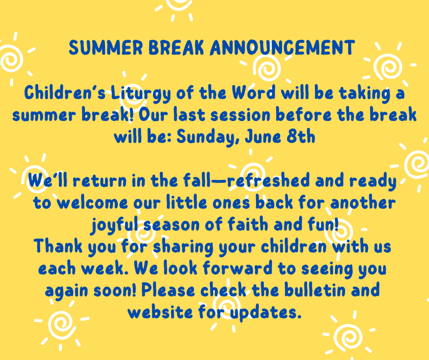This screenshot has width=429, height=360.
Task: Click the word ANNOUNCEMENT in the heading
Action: pyautogui.click(x=283, y=48)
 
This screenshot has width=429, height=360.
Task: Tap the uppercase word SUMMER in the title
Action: pyautogui.click(x=105, y=48)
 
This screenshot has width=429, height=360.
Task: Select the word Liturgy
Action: pyautogui.click(x=141, y=94)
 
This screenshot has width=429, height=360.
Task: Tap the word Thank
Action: pyautogui.click(x=58, y=246)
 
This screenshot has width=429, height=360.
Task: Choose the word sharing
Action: pyautogui.click(x=183, y=247)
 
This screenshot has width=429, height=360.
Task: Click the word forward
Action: pyautogui.click(x=237, y=268)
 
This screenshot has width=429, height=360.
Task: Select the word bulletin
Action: pyautogui.click(x=314, y=290)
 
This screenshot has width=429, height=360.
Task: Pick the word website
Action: pyautogui.click(x=160, y=312)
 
